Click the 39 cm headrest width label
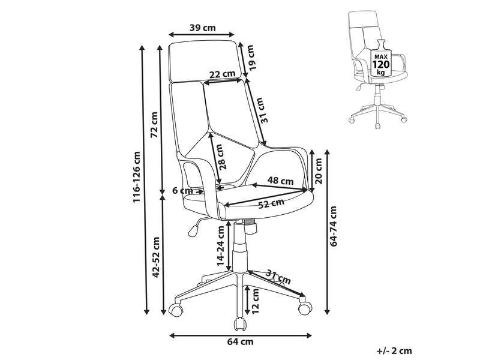(x=203, y=28)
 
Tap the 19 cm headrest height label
(x=251, y=58)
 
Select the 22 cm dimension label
(x=222, y=74)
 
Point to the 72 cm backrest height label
(x=155, y=125)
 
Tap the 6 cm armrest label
(x=182, y=191)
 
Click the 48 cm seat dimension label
(x=280, y=181)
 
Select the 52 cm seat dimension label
(x=271, y=203)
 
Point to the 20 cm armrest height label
(x=319, y=171)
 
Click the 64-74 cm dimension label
(x=334, y=226)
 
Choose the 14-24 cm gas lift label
(x=220, y=246)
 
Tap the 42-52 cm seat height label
(x=156, y=257)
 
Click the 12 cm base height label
(x=255, y=301)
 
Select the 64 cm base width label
(x=241, y=341)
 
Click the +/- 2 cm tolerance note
(x=394, y=351)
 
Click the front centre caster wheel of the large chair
(x=241, y=325)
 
